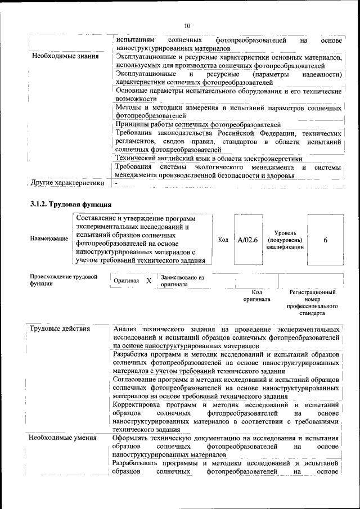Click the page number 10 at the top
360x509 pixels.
tap(187, 25)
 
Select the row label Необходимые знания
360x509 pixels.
tap(65, 56)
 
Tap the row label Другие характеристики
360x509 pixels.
tap(67, 183)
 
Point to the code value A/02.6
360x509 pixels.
tap(247, 240)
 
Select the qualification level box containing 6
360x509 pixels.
tap(326, 240)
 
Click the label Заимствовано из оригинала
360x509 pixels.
tap(182, 281)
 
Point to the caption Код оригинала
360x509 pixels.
tap(256, 296)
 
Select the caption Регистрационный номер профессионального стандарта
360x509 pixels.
tap(312, 303)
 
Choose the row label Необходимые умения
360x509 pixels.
tap(63, 438)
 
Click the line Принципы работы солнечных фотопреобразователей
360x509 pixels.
tap(197, 124)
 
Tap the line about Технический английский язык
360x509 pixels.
tap(200, 159)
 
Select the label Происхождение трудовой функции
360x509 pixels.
tap(64, 280)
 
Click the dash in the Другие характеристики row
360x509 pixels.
tap(116, 183)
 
